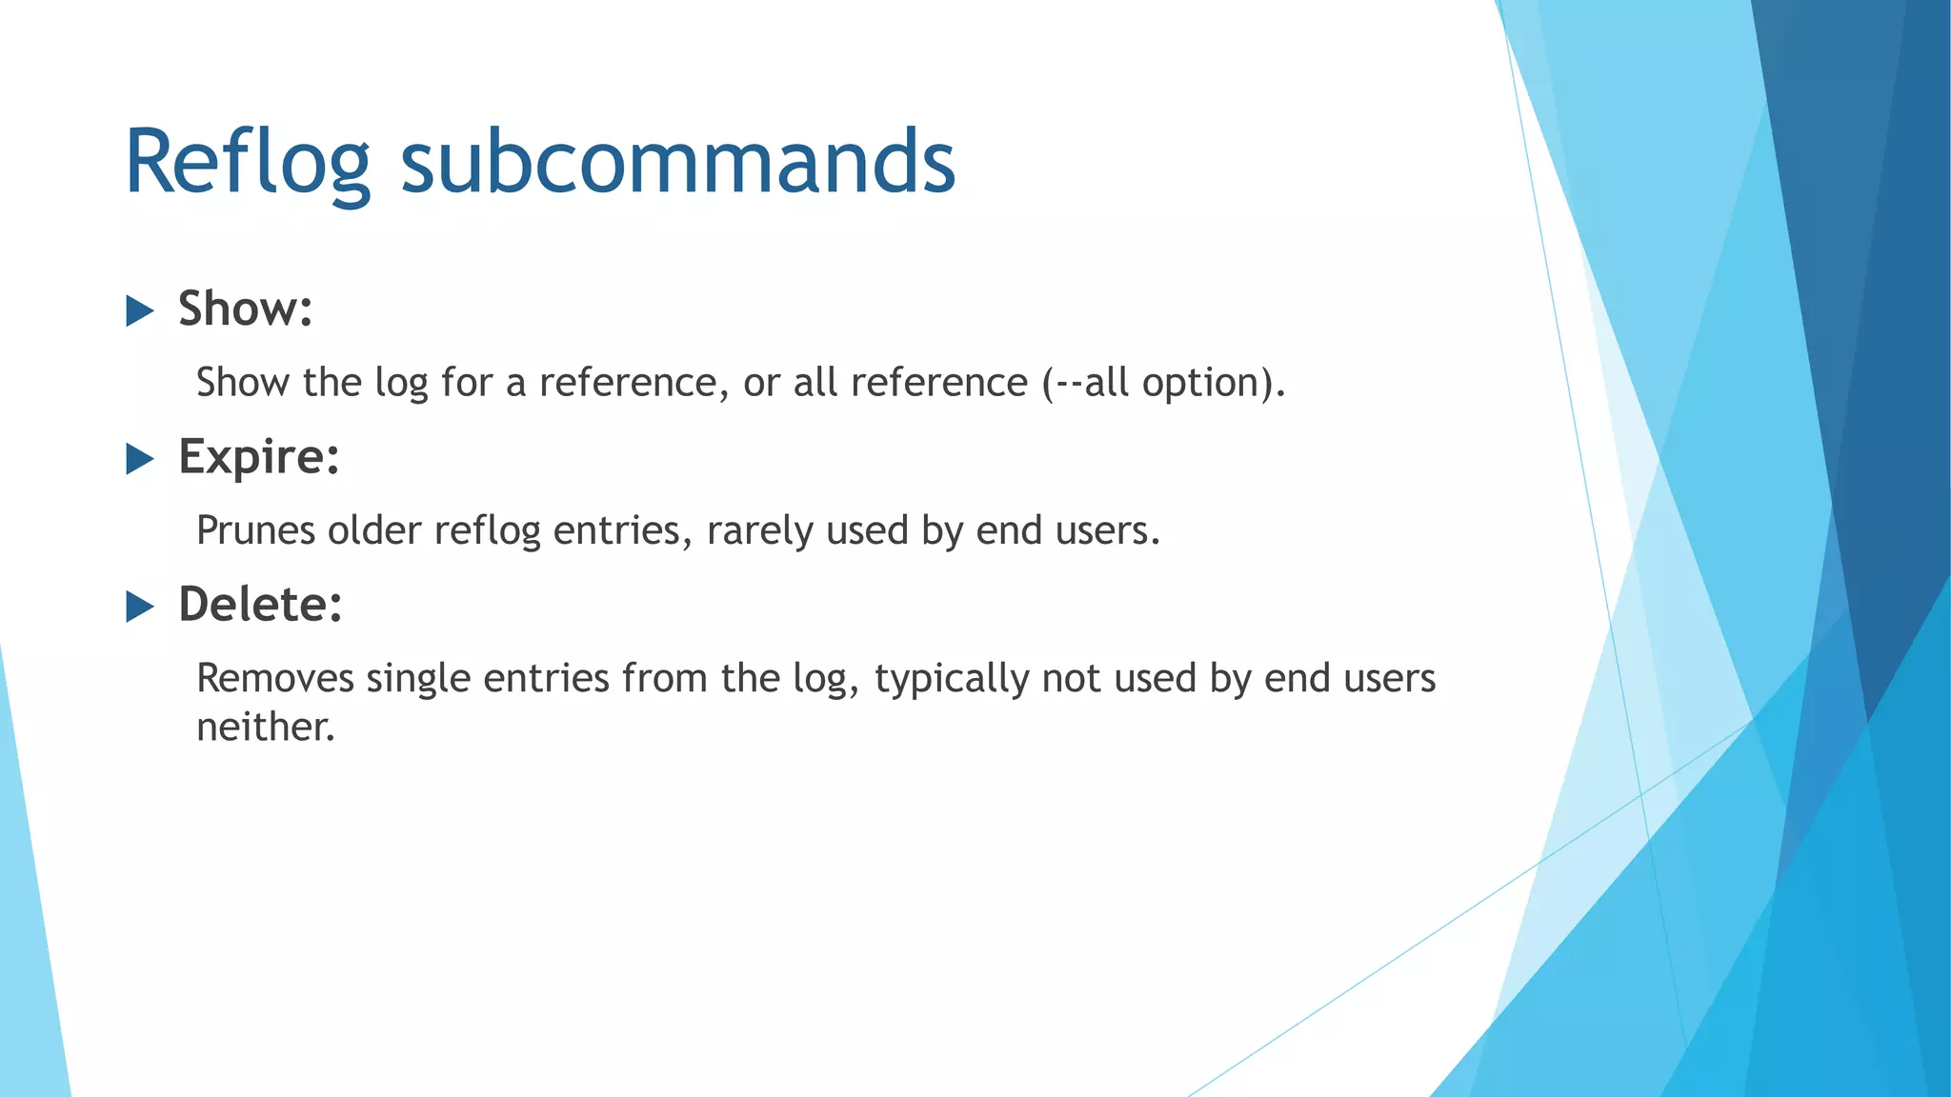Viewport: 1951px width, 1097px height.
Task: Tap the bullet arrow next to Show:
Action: click(140, 310)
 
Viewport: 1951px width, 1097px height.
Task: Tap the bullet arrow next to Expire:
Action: click(140, 459)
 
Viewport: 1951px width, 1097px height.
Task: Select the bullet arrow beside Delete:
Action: click(140, 607)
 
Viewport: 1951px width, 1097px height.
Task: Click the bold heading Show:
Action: click(246, 309)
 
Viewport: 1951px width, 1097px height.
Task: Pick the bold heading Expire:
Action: click(259, 456)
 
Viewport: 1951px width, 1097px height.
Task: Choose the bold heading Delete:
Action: click(260, 605)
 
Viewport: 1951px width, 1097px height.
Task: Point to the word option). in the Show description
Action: click(1214, 383)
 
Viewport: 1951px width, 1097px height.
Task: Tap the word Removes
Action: click(274, 679)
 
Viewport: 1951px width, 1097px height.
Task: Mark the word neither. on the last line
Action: click(266, 728)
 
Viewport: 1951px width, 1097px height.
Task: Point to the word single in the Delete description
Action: click(418, 679)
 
